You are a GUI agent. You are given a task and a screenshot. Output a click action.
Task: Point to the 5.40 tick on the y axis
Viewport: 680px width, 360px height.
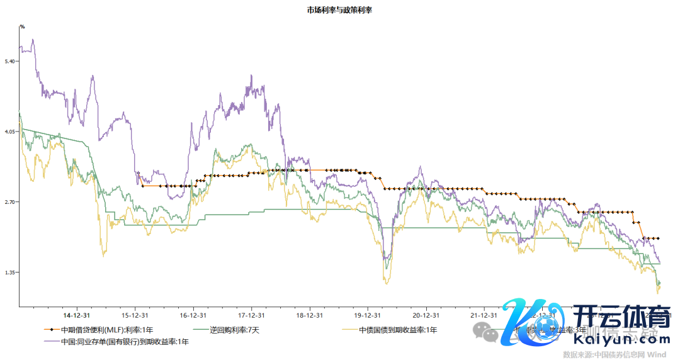pos(9,61)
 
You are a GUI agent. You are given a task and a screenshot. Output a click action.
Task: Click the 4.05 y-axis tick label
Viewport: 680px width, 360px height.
pos(9,132)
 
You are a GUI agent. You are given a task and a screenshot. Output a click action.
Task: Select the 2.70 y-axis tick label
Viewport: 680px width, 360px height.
pos(9,202)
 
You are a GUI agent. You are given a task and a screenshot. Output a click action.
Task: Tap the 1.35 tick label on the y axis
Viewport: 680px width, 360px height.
pos(9,273)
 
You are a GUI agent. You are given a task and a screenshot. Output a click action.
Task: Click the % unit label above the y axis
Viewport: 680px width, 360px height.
pos(21,26)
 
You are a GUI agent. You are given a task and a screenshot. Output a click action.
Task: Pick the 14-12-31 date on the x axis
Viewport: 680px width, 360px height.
pos(77,315)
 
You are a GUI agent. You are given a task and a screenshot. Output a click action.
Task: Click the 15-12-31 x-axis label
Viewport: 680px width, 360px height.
pos(135,315)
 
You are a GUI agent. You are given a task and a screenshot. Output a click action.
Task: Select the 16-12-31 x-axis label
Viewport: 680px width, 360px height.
pos(193,315)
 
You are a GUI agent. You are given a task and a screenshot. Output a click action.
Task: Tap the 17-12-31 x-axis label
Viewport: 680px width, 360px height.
pos(251,315)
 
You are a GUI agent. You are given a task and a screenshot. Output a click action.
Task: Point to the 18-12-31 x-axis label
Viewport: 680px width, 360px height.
pos(309,315)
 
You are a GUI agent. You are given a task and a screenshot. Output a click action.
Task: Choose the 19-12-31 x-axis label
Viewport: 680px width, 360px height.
pos(367,315)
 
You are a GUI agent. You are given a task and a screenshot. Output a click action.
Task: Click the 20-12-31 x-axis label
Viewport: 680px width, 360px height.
pos(425,315)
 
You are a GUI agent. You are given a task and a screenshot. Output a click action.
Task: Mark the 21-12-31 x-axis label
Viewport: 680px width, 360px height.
pos(483,315)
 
